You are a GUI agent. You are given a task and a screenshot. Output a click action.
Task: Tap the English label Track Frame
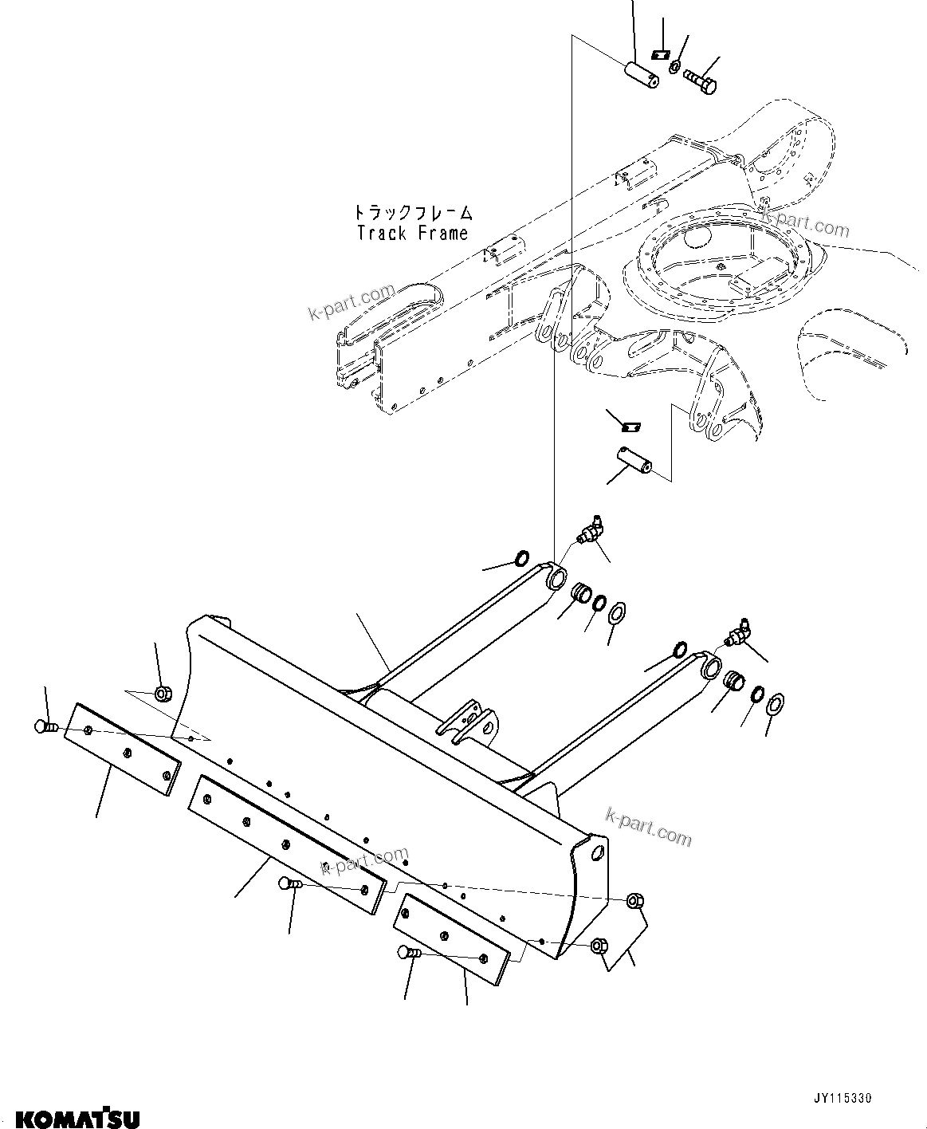click(412, 234)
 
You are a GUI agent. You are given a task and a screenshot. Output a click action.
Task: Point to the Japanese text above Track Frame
click(413, 212)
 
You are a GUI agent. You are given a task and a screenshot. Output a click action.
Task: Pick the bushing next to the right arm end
click(734, 683)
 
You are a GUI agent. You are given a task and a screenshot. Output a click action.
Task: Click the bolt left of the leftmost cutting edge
click(45, 726)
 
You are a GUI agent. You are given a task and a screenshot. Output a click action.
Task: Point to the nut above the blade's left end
click(163, 693)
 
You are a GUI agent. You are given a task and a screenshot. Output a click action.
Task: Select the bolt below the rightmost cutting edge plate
click(409, 952)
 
